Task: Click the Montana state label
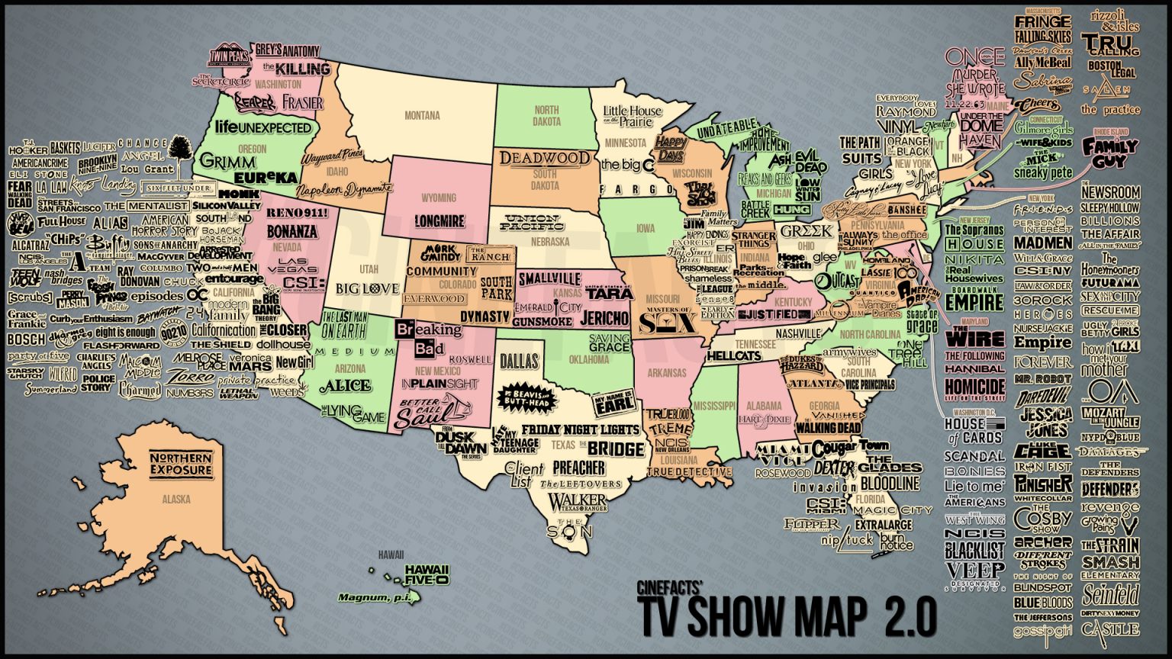pos(422,116)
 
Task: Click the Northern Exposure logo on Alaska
pos(180,464)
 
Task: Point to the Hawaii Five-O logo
pos(427,574)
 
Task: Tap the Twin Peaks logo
pos(230,55)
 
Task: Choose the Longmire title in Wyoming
pos(439,221)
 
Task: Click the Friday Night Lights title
pos(580,429)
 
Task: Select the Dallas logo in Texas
pos(519,361)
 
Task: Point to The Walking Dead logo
pos(828,428)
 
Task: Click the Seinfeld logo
pos(1110,593)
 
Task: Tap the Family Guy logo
pos(1110,153)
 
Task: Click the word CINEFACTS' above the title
pos(669,588)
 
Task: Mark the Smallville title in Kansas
pos(549,280)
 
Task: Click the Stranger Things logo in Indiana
pos(754,239)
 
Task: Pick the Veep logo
pos(975,571)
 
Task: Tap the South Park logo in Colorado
pos(496,288)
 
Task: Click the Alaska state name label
pos(176,500)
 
